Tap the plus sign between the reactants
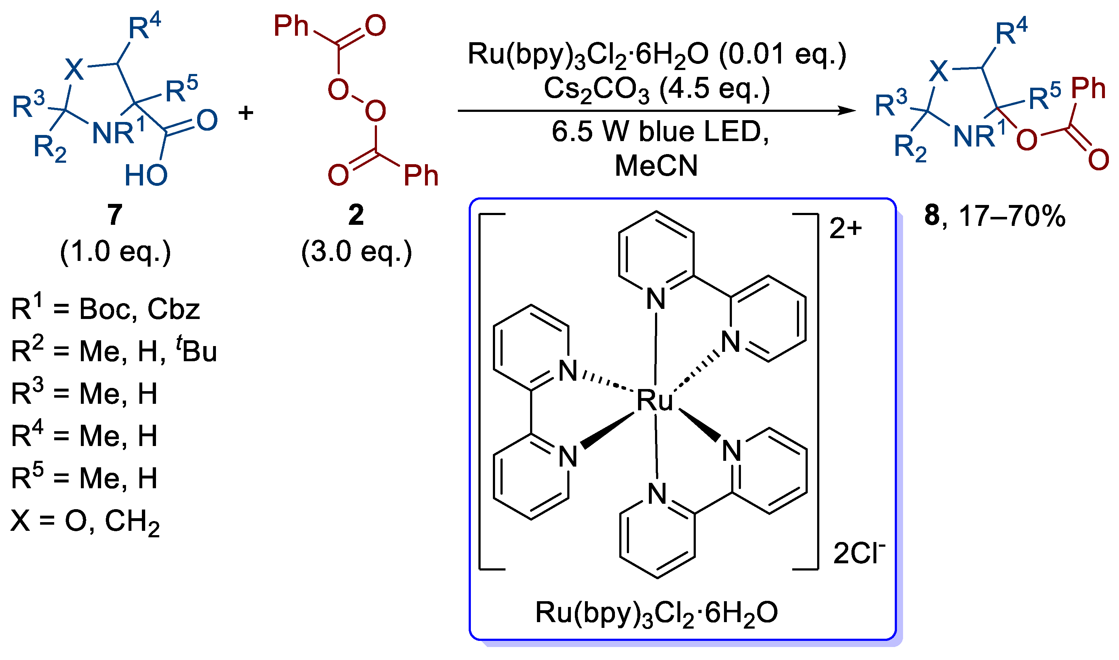(246, 113)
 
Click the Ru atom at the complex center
(655, 400)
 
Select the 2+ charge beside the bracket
(846, 229)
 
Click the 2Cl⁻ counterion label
(859, 553)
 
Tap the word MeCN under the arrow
(656, 166)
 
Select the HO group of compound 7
(146, 175)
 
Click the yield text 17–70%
(1012, 216)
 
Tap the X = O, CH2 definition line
(86, 522)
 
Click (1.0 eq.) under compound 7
(115, 252)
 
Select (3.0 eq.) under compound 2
(356, 252)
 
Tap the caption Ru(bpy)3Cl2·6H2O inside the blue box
(657, 614)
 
